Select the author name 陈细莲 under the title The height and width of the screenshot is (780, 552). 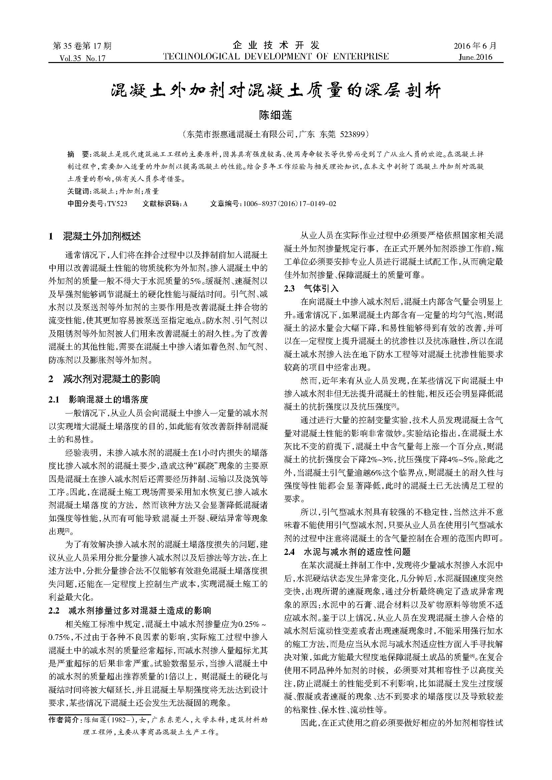[x=276, y=115]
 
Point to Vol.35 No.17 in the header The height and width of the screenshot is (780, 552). [x=82, y=58]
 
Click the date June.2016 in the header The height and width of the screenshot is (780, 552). [x=475, y=57]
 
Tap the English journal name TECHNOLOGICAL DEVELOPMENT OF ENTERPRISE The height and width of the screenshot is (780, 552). [x=276, y=56]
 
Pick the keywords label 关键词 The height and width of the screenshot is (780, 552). [x=77, y=191]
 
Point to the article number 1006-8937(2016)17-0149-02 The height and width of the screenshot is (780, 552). [x=290, y=204]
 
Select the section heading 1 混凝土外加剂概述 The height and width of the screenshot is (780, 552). [x=95, y=236]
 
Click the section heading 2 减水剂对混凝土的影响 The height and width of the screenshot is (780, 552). [x=104, y=379]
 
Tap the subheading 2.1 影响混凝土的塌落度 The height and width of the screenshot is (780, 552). [x=98, y=400]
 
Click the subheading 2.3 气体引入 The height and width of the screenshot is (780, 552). [x=312, y=289]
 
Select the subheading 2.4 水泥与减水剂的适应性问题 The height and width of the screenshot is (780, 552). [x=347, y=551]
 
